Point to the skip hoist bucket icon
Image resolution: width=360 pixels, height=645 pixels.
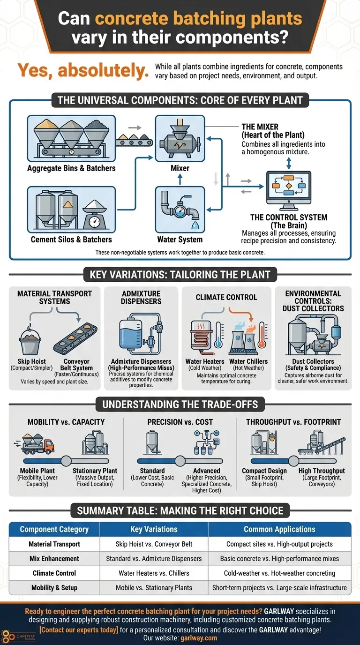click(x=31, y=343)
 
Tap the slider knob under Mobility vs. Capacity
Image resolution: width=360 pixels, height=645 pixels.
click(x=66, y=461)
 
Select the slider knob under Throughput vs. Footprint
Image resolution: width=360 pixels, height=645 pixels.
click(x=294, y=461)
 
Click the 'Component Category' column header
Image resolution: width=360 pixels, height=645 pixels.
click(x=54, y=529)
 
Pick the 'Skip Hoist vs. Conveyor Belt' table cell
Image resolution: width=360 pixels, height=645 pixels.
click(x=154, y=544)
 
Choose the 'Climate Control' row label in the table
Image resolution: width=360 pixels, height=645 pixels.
click(x=54, y=573)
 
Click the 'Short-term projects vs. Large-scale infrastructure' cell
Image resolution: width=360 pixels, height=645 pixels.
click(x=279, y=588)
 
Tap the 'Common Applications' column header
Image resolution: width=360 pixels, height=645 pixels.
click(x=279, y=529)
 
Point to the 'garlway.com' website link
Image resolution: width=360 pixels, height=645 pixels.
click(x=198, y=638)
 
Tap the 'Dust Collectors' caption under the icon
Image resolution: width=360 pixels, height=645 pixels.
click(x=313, y=361)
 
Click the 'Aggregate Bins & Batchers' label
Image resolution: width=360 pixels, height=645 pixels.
click(x=71, y=168)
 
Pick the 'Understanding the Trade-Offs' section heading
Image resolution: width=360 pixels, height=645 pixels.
click(x=180, y=404)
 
